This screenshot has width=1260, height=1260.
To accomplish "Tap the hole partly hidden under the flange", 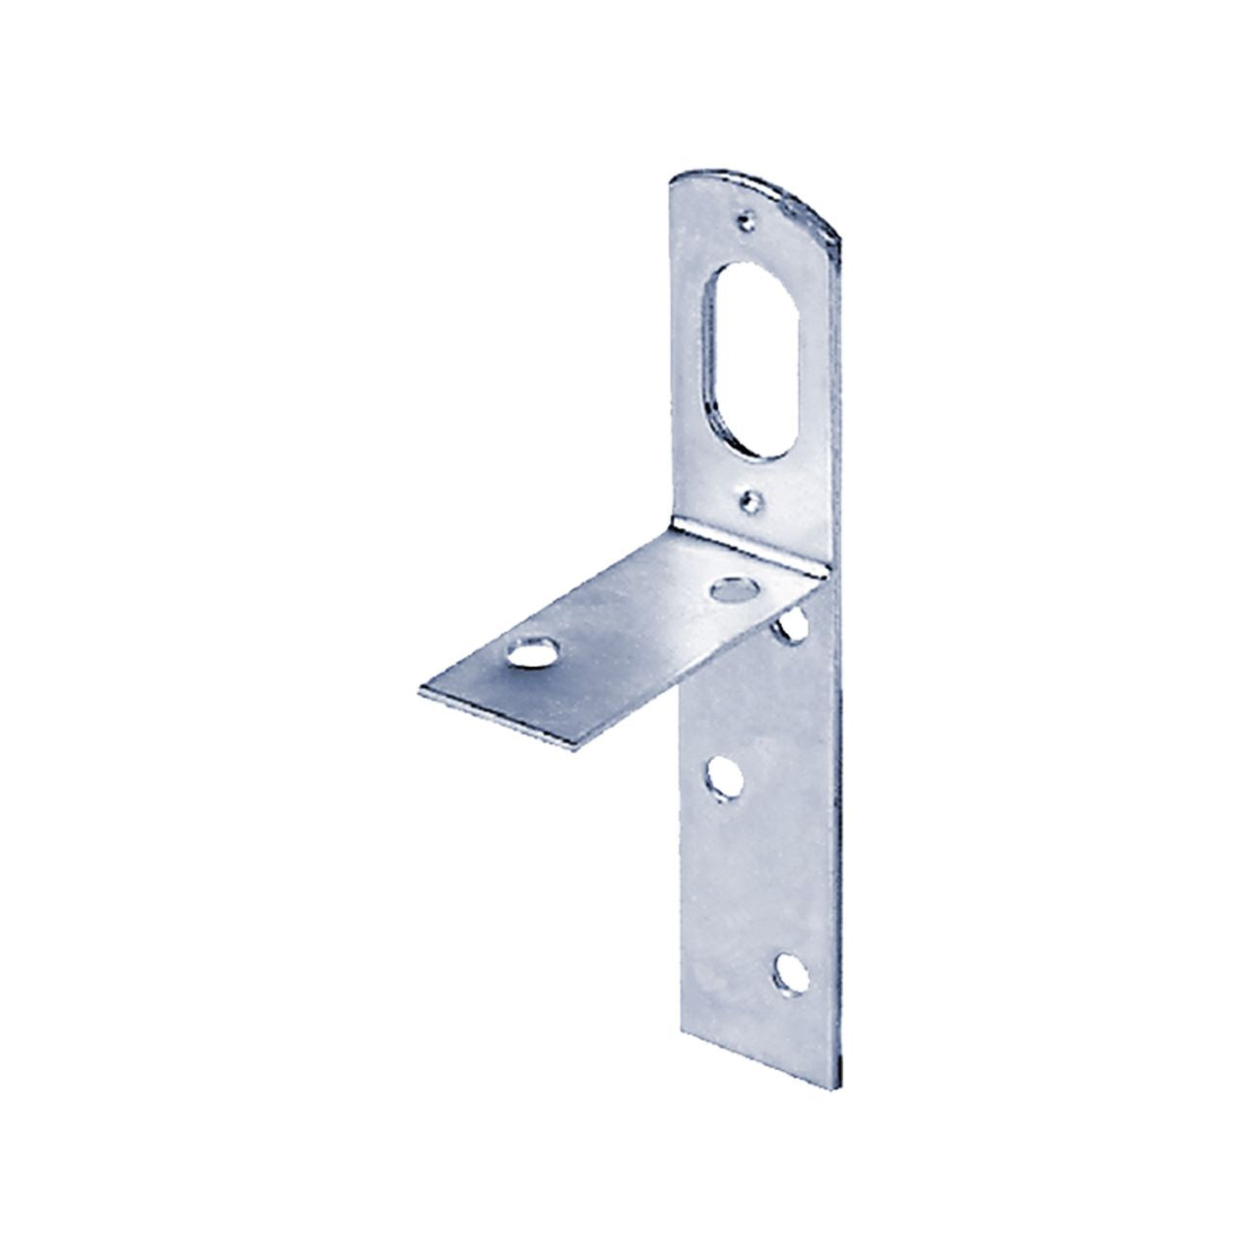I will [x=795, y=625].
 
